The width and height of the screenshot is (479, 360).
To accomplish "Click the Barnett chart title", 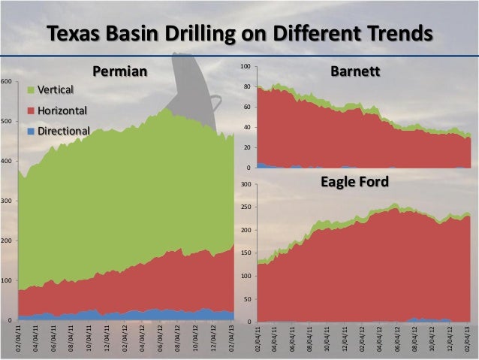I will pyautogui.click(x=355, y=71).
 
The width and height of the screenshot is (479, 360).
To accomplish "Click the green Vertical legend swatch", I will pyautogui.click(x=31, y=89).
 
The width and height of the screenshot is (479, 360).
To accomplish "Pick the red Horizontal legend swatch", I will pyautogui.click(x=31, y=110).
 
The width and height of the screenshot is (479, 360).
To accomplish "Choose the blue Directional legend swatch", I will pyautogui.click(x=31, y=131).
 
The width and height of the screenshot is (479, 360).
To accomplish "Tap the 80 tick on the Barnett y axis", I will pyautogui.click(x=246, y=88).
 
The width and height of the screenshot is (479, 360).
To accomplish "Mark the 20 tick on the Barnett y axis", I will pyautogui.click(x=246, y=147).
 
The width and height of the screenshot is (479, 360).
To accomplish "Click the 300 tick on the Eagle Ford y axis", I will pyautogui.click(x=245, y=184).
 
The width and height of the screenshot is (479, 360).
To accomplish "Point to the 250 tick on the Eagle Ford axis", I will pyautogui.click(x=245, y=207).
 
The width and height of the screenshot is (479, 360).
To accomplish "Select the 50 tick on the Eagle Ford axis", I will pyautogui.click(x=246, y=299).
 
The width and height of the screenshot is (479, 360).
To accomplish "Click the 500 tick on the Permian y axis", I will pyautogui.click(x=6, y=121).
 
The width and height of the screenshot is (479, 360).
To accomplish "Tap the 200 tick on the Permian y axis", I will pyautogui.click(x=6, y=241).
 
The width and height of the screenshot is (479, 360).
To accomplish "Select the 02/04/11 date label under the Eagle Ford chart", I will pyautogui.click(x=258, y=338).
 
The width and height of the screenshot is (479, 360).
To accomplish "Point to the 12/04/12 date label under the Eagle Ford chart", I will pyautogui.click(x=450, y=338).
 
